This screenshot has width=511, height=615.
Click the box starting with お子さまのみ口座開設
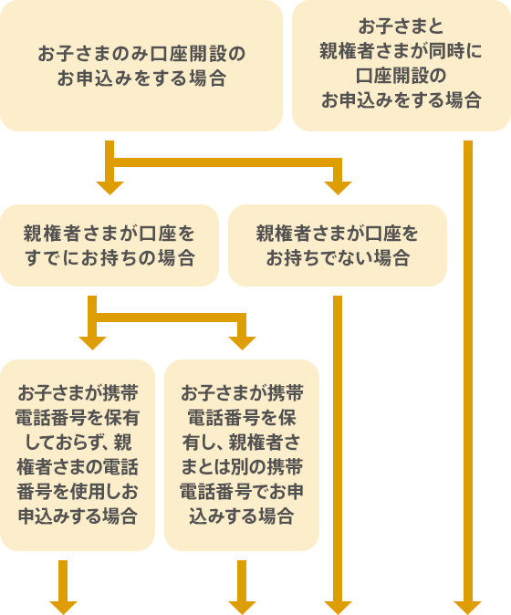point(141,66)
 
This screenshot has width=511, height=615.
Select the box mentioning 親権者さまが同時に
point(401,65)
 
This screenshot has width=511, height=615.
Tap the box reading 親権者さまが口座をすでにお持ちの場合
point(109,245)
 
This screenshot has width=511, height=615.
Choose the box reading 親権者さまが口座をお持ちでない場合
point(338,245)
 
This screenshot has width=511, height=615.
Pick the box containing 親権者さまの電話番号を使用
point(78,454)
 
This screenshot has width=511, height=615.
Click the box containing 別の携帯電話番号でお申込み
point(242,454)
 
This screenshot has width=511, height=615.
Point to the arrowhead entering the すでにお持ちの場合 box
point(109,188)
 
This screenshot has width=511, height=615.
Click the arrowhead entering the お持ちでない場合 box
point(338,188)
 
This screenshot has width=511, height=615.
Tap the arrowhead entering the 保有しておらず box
point(91,343)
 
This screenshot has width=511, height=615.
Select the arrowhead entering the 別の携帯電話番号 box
point(242,343)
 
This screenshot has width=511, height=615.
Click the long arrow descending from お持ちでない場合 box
point(338,456)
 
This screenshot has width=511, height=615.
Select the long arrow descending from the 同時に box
point(468,383)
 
